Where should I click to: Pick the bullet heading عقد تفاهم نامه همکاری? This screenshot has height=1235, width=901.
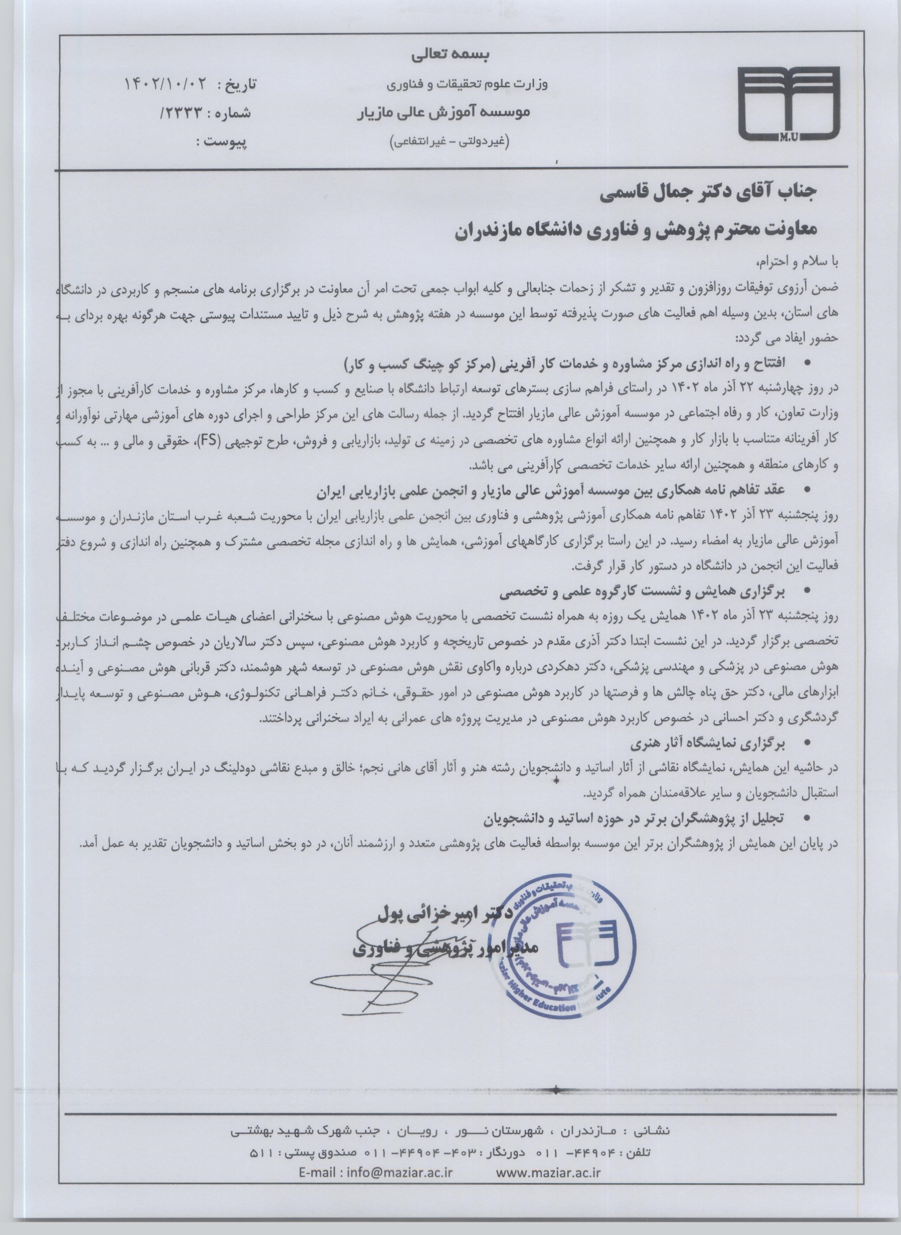[x=551, y=492]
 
